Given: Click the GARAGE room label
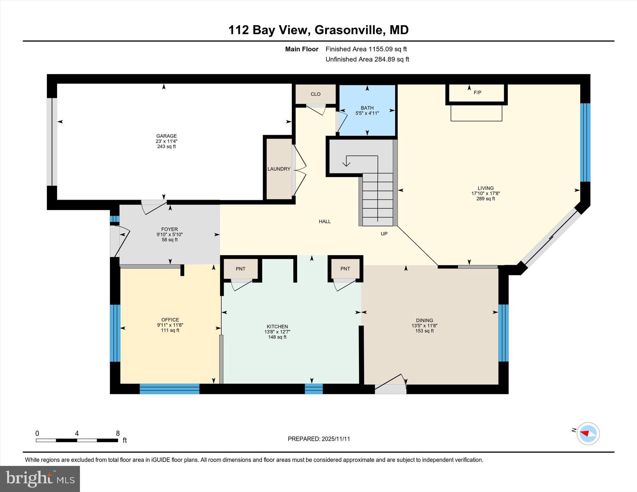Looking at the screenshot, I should pos(166,136).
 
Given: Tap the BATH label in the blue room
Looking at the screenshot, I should pos(367,108).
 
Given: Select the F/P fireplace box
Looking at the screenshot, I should pos(477,93).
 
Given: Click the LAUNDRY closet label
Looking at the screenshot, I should pos(279,169).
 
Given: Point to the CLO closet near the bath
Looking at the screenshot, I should pos(315,94).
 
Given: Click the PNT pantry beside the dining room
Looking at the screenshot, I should pos(345,269).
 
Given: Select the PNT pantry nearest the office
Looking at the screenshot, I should pos(240,269).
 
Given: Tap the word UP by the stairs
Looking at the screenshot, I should pos(384,234).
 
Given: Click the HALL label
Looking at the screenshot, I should pos(325,221).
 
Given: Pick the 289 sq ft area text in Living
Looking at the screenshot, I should pos(486,199).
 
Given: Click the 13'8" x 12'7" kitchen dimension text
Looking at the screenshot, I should pos(277,332).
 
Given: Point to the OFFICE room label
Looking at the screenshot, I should pos(170,320).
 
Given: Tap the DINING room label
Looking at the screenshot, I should pos(424,320).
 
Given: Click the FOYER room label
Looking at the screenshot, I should pos(170,229).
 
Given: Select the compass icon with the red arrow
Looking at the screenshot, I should pos(588,434).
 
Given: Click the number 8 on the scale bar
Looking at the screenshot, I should pos(118,433).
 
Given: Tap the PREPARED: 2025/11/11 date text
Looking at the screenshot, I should pos(319,439).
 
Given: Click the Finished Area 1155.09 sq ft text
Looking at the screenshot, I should pos(366,49).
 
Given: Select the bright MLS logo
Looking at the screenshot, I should pos(40,479).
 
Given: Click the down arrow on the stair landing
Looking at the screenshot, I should pos(346,162).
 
